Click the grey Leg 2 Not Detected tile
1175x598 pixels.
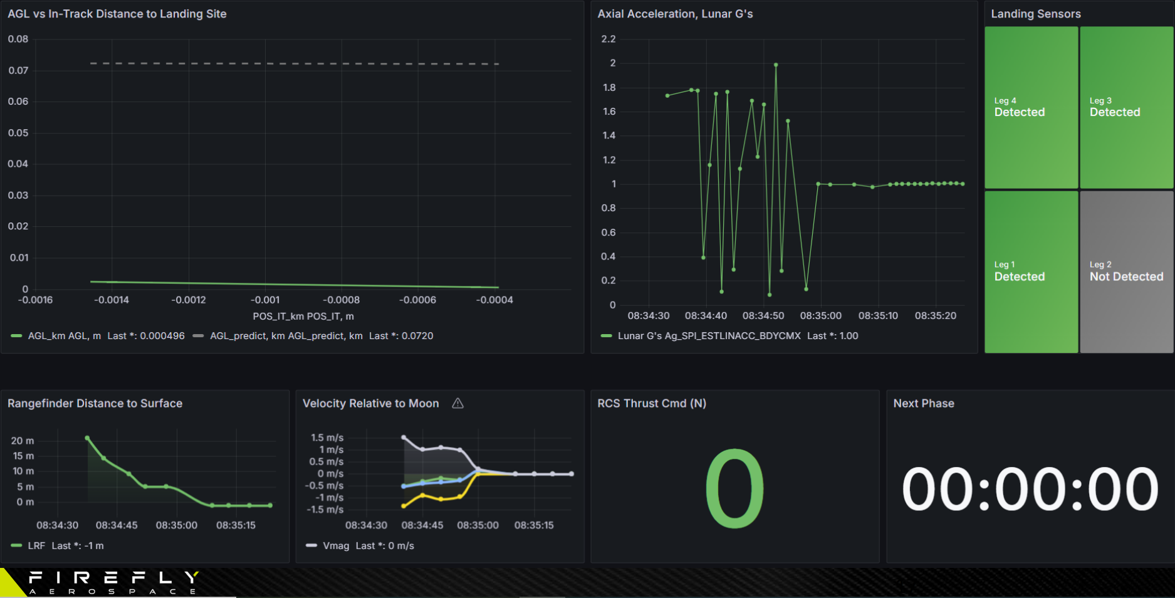1126,272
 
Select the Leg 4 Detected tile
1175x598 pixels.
1031,107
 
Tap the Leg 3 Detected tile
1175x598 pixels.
1126,107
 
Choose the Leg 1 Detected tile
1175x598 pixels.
1031,272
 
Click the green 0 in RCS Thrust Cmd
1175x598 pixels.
734,488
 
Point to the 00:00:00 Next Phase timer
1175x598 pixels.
1030,490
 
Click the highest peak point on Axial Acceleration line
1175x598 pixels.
776,65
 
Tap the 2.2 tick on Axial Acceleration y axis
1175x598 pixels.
608,39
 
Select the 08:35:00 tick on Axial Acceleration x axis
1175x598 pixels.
820,316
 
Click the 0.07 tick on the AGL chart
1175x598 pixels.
18,70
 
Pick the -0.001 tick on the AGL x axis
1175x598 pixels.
265,300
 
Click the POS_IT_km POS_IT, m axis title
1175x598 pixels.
303,317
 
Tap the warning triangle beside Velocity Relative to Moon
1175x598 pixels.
458,404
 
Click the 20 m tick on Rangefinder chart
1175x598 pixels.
23,441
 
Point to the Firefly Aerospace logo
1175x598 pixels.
113,582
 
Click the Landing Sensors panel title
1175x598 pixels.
1035,14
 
